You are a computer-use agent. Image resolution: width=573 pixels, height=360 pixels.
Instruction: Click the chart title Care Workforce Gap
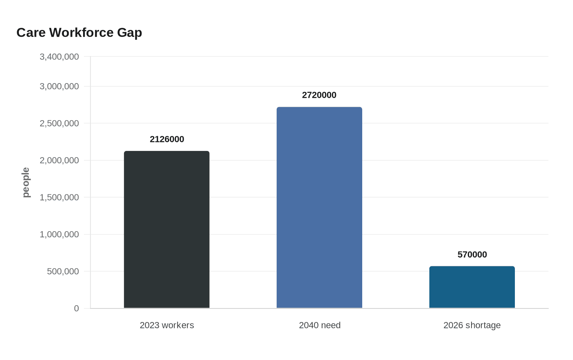tap(79, 33)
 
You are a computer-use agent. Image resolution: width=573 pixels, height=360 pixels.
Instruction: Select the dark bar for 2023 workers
tap(167, 229)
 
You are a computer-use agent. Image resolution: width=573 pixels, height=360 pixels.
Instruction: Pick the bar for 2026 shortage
tap(472, 287)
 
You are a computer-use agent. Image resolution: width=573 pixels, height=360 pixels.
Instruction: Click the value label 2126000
tap(167, 139)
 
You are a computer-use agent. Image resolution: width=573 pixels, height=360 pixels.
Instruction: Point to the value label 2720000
tap(319, 95)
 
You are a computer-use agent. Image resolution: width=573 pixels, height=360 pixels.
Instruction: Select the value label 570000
tap(472, 255)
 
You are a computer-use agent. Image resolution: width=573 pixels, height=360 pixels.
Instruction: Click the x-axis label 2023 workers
tap(167, 325)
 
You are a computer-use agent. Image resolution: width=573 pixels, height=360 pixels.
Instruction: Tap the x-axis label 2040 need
tap(319, 325)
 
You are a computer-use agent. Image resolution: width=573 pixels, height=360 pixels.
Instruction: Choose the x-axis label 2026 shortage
tap(472, 325)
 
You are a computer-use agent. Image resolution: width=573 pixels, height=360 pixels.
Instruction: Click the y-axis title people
tap(26, 182)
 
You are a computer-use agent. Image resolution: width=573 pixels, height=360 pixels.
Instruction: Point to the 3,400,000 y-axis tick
tap(59, 57)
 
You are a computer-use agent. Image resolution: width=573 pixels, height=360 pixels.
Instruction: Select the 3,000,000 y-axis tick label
tap(59, 86)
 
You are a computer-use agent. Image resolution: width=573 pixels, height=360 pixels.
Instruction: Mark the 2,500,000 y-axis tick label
tap(59, 123)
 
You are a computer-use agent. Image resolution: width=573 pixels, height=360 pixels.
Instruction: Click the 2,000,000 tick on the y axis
tap(59, 160)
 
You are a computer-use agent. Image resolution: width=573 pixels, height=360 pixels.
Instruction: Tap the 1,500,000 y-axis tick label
tap(59, 197)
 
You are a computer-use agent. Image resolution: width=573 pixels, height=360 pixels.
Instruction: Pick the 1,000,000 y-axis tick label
tap(59, 234)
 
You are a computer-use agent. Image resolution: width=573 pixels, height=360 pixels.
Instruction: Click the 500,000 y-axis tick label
tap(63, 271)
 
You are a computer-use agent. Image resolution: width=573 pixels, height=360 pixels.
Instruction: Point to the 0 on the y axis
tap(76, 308)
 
